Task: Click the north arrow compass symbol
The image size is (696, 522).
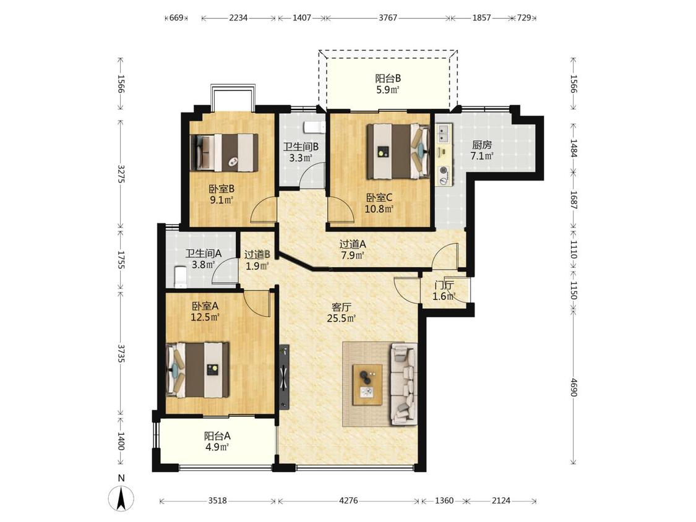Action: [121, 498]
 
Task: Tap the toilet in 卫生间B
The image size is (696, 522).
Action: [314, 127]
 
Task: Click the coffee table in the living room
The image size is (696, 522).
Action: [367, 385]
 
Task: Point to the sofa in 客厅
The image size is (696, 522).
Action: [403, 384]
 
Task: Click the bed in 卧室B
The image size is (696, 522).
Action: [224, 152]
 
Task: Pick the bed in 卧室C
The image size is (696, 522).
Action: [398, 152]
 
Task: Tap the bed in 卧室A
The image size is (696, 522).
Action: [197, 370]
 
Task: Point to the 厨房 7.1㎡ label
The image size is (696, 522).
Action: [482, 150]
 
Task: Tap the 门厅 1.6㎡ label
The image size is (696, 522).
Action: [444, 291]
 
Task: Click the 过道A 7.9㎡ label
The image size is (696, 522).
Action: [353, 249]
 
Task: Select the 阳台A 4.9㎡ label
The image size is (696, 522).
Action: [217, 441]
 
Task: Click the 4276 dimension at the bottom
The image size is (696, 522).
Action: [348, 501]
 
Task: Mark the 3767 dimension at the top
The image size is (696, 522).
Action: [388, 18]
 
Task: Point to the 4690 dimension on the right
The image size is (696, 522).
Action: [573, 388]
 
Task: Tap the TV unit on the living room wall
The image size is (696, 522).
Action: [284, 377]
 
